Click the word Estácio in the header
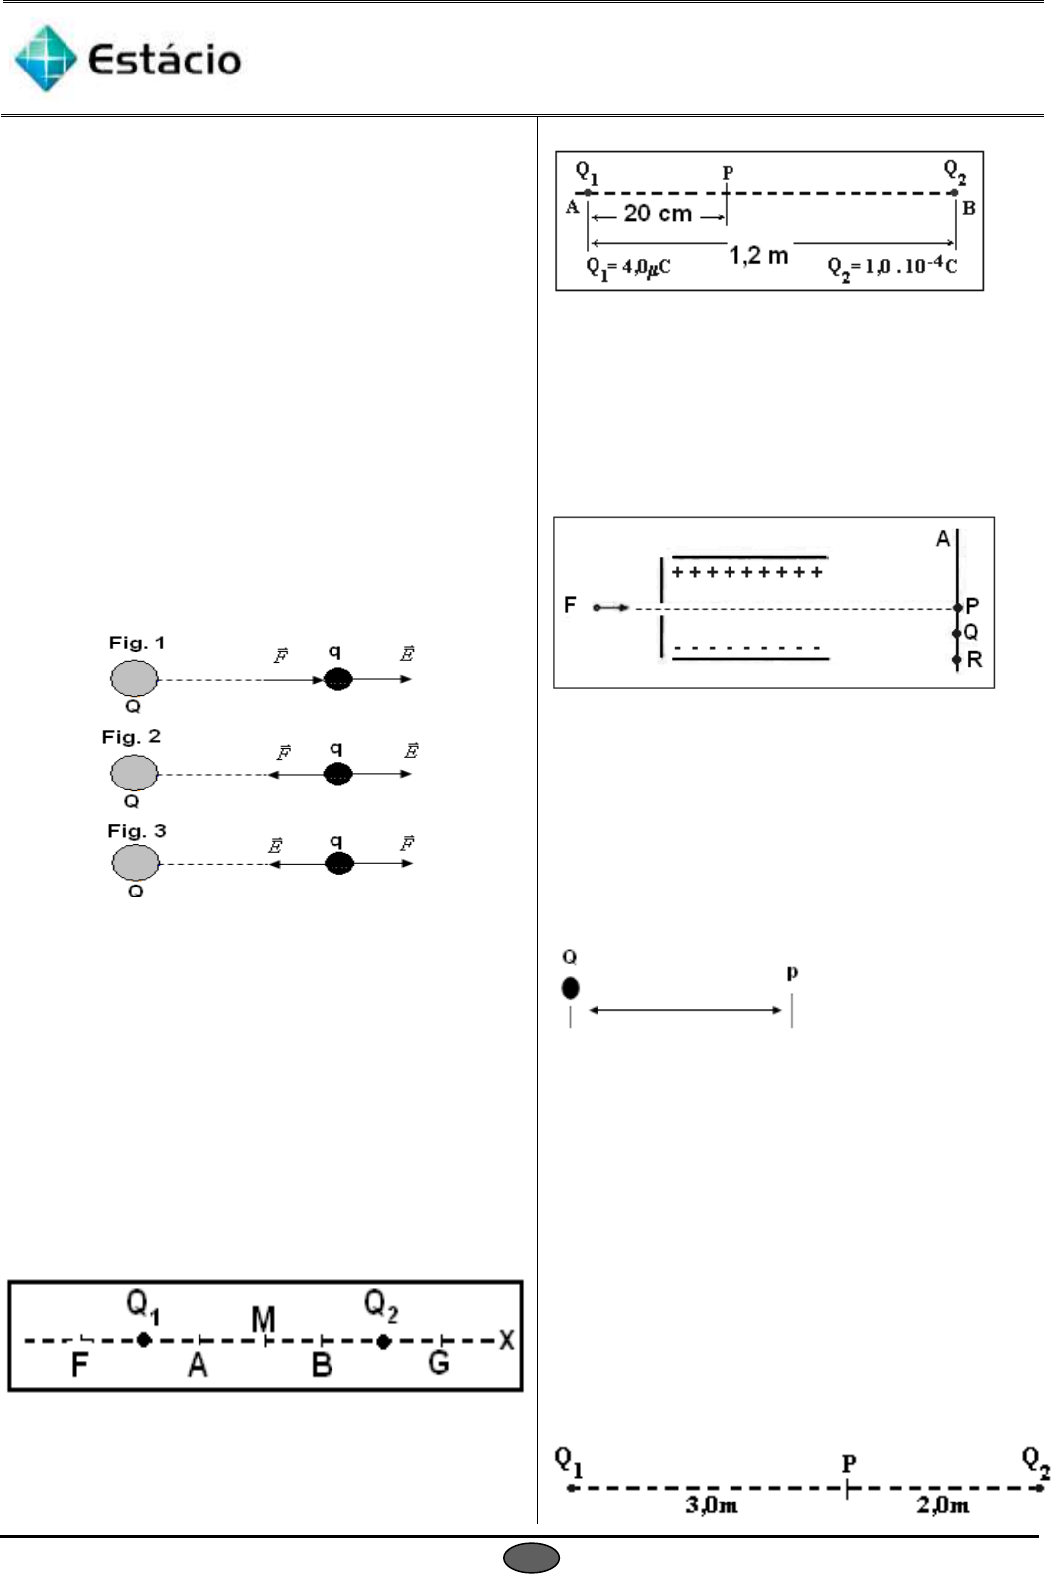pyautogui.click(x=165, y=61)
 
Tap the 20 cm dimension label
pyautogui.click(x=657, y=214)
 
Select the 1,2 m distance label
pyautogui.click(x=758, y=256)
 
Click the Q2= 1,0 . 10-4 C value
pyautogui.click(x=892, y=266)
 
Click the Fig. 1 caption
pyautogui.click(x=137, y=644)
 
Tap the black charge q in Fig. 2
pyautogui.click(x=338, y=774)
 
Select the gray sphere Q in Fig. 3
pyautogui.click(x=135, y=862)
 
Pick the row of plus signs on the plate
pyautogui.click(x=747, y=572)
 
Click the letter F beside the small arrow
pyautogui.click(x=570, y=605)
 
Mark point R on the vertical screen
pyautogui.click(x=973, y=660)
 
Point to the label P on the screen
pyautogui.click(x=972, y=606)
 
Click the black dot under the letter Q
pyautogui.click(x=570, y=988)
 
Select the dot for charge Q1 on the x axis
pyautogui.click(x=144, y=1340)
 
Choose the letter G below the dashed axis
pyautogui.click(x=439, y=1363)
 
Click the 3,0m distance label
pyautogui.click(x=711, y=1505)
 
